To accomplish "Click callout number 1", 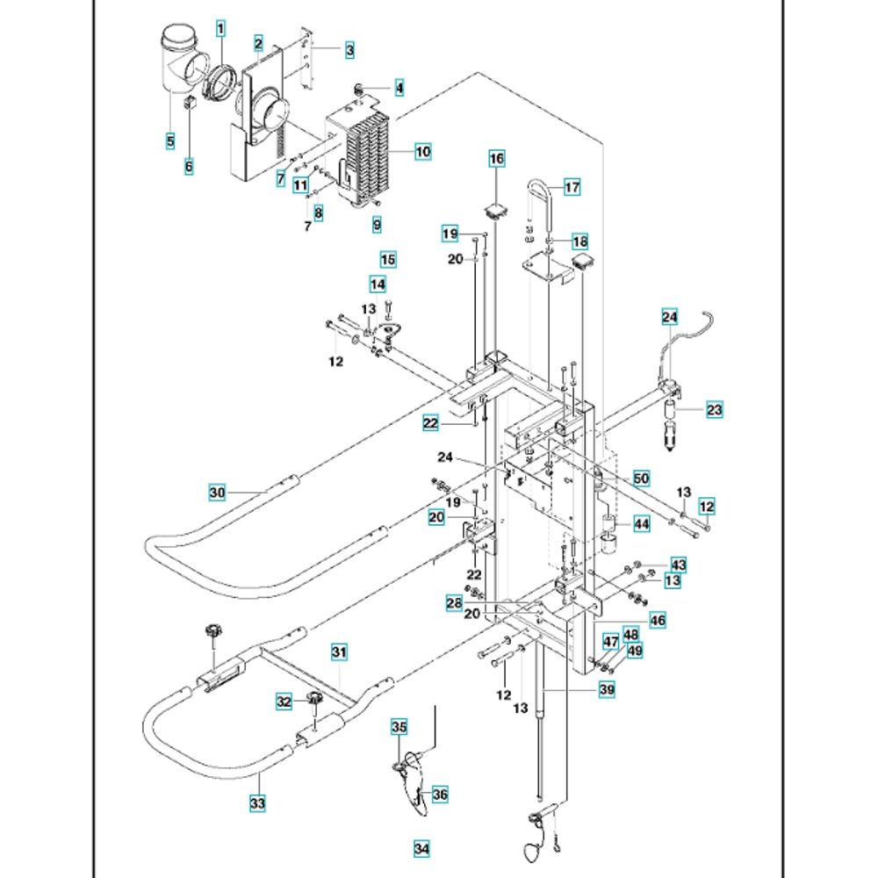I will pos(221,29).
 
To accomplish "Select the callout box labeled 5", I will pos(170,140).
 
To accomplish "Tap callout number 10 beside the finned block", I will pos(423,152).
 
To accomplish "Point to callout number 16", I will pos(497,159).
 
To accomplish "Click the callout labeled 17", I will pos(572,187).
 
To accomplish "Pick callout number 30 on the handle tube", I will pos(218,493).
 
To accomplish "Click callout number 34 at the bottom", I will pos(422,849).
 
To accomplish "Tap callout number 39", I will pos(606,691).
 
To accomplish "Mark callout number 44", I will pos(641,524).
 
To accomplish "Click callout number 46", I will pos(658,621).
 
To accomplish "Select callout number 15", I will pos(388,259).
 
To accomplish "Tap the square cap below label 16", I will pos(498,209).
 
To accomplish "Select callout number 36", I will pos(439,794).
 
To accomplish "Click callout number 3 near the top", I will pos(349,51).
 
